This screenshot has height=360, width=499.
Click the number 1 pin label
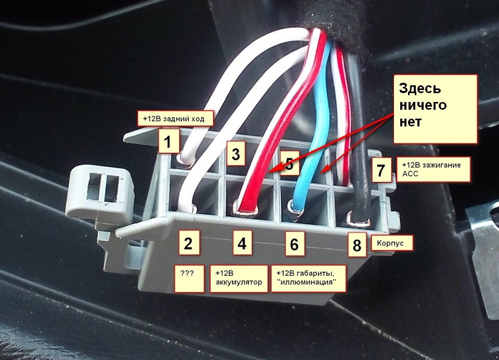click(168, 140)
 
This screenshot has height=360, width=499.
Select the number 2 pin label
click(188, 243)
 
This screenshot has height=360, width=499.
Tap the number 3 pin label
click(235, 154)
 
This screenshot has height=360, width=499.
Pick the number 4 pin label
click(242, 243)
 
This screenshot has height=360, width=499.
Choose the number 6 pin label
click(294, 243)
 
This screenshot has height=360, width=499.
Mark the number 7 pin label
click(382, 170)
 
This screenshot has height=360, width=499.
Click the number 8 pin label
click(357, 245)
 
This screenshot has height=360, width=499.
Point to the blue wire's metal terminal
click(297, 210)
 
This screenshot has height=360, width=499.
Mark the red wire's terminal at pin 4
click(246, 209)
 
